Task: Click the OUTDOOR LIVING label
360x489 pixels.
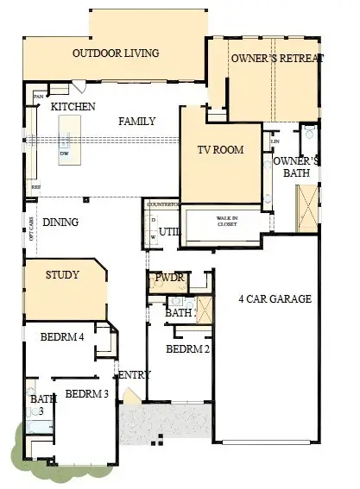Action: click(x=116, y=53)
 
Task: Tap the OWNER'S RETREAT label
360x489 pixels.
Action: click(x=276, y=58)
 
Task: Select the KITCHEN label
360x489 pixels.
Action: click(x=73, y=106)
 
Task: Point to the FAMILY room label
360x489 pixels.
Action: click(x=137, y=122)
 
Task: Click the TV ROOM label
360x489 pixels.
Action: click(x=220, y=149)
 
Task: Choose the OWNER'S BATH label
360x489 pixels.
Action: click(x=296, y=166)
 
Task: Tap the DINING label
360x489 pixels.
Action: click(x=60, y=222)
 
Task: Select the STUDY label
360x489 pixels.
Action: click(x=61, y=275)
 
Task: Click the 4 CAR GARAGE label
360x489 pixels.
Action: click(x=275, y=299)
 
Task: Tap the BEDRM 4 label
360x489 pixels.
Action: click(x=62, y=336)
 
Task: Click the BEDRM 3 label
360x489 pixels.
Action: click(x=87, y=394)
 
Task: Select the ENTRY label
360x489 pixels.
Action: click(x=136, y=374)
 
